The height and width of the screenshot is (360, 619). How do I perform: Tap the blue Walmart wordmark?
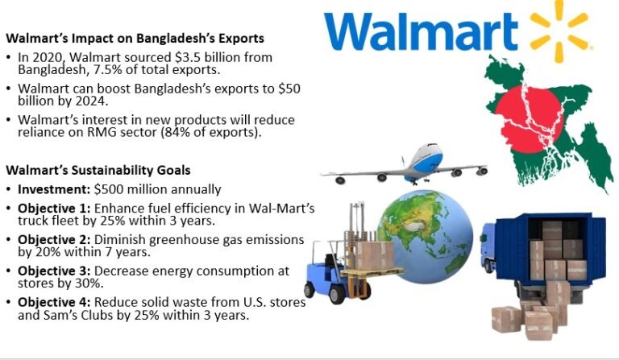423,32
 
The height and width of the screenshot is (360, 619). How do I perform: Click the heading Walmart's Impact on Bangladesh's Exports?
135,38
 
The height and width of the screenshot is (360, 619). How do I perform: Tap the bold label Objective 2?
55,239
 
